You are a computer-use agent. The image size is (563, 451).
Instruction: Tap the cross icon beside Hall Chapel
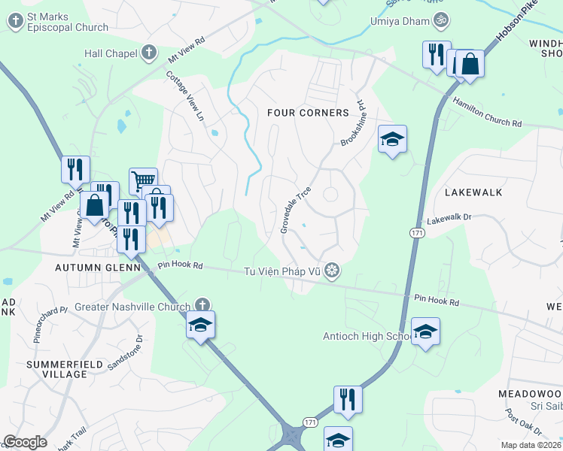[x=149, y=53]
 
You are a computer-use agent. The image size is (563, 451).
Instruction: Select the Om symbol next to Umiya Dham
[x=442, y=22]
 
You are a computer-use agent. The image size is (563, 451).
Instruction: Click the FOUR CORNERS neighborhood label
[x=308, y=113]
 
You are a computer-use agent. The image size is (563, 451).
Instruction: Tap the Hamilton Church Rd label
[x=486, y=112]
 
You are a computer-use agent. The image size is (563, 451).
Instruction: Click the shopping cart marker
[x=143, y=180]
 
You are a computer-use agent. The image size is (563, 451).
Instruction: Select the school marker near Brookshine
[x=392, y=139]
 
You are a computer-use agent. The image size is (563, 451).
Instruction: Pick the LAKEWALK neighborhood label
[x=473, y=192]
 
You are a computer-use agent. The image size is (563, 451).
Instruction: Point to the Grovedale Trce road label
[x=296, y=210]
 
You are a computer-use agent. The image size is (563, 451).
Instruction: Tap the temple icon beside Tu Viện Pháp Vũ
[x=332, y=271]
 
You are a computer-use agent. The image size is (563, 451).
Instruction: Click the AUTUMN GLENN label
[x=98, y=267]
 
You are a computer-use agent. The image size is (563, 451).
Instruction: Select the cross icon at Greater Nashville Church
[x=201, y=305]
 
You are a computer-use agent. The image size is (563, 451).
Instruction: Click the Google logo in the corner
[x=25, y=441]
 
